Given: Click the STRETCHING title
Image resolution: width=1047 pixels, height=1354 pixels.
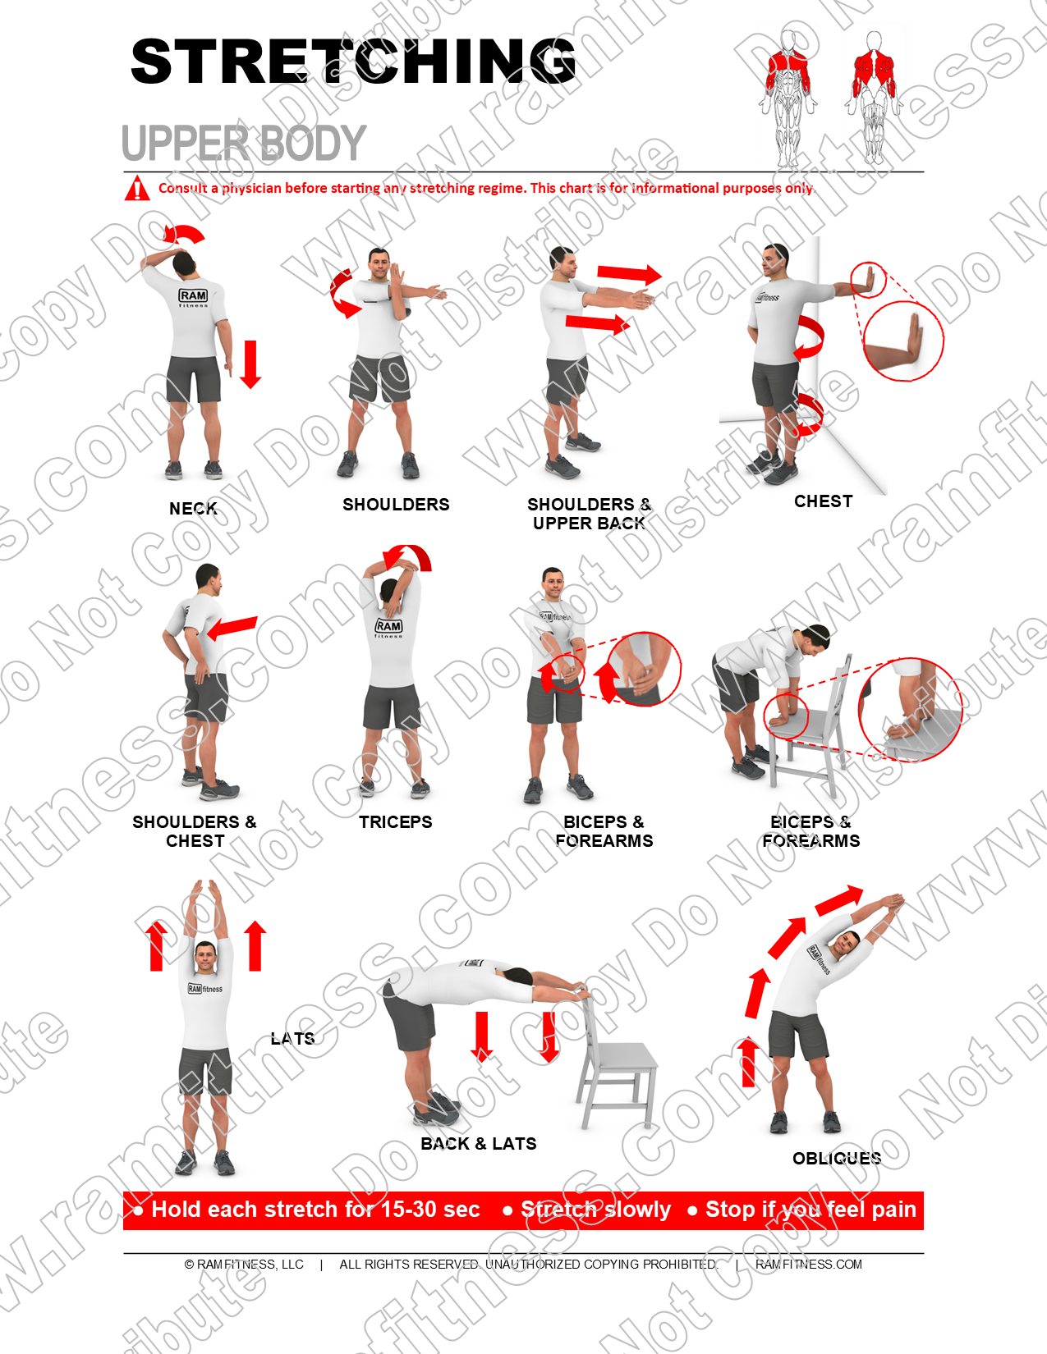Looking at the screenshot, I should [353, 62].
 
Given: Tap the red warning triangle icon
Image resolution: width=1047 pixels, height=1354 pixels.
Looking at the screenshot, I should [136, 189].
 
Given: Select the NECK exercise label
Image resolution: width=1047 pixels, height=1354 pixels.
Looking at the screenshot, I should [193, 509].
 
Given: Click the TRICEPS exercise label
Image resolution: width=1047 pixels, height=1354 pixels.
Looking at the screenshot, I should [395, 822].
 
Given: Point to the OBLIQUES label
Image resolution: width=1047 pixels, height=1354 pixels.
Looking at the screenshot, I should [836, 1159].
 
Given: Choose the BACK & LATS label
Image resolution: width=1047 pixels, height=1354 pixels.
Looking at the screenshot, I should [478, 1144].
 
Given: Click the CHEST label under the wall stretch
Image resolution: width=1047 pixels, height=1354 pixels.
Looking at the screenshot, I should [823, 501].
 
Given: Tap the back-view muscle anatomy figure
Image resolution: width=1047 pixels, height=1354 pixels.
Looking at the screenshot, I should [874, 94].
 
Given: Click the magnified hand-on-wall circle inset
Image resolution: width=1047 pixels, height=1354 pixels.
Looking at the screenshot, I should [903, 341].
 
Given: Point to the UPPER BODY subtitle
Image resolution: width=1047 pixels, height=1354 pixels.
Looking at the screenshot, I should [243, 144].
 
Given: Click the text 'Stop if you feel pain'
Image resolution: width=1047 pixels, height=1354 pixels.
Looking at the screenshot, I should [811, 1210].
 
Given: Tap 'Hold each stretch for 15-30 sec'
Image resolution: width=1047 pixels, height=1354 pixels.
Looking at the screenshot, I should [315, 1210].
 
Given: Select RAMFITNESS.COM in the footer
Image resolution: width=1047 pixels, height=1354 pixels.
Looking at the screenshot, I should [808, 1265].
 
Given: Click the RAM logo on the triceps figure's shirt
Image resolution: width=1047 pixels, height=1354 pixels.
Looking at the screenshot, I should [389, 627].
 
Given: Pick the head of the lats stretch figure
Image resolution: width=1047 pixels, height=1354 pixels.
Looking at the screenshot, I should [205, 957].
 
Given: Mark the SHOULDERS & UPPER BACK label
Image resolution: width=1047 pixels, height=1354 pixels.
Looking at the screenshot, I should [589, 514].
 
